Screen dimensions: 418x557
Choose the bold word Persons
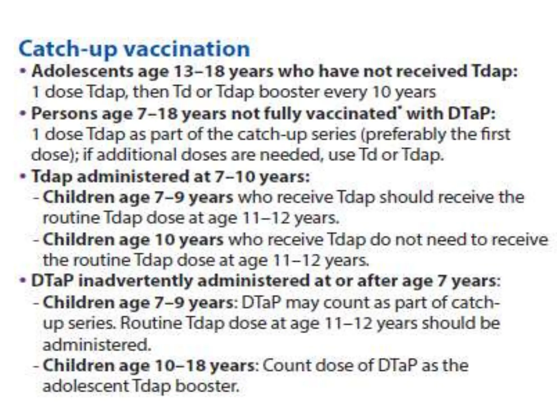point(64,113)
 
